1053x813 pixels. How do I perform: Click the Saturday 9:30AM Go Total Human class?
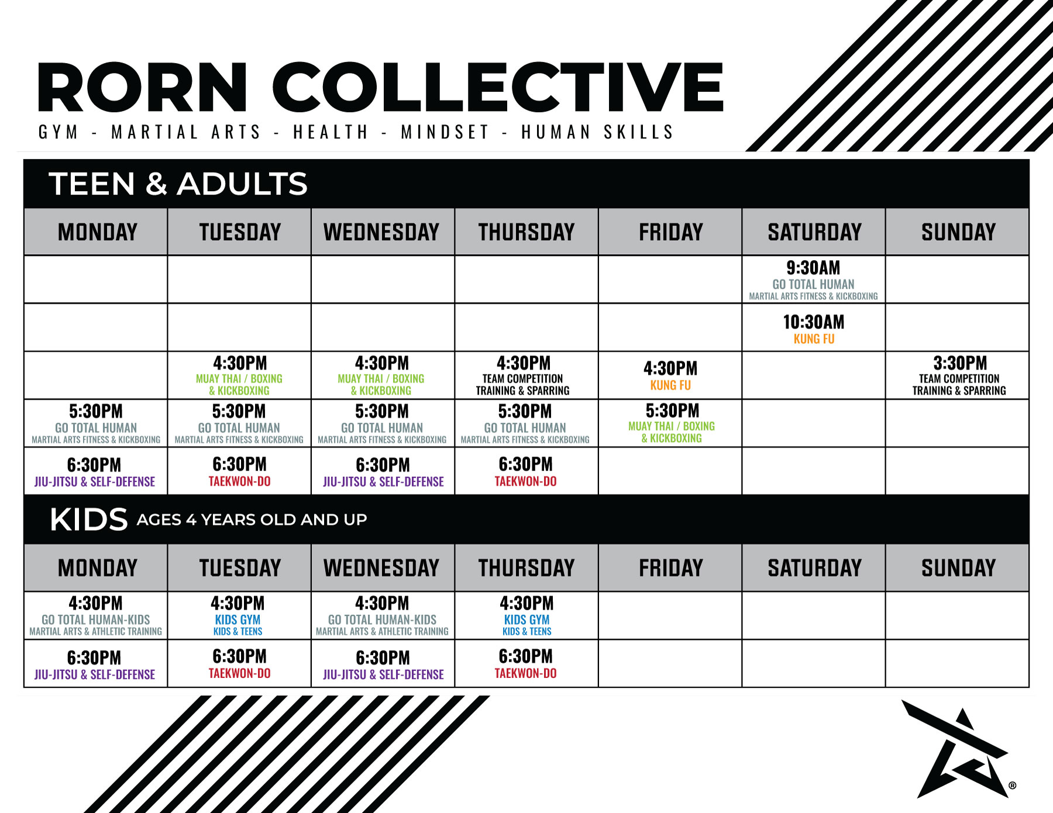[813, 279]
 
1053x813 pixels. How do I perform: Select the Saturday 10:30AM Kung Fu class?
[813, 327]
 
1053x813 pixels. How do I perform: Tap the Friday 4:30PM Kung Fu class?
[670, 375]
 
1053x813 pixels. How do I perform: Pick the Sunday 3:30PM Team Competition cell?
[958, 375]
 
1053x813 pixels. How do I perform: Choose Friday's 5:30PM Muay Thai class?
[670, 423]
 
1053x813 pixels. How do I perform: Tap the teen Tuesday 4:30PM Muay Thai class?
[239, 375]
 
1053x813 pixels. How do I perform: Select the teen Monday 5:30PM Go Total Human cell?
[96, 423]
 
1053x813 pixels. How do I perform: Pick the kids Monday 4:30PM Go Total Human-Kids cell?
[96, 615]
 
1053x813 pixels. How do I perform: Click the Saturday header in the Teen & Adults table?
[814, 232]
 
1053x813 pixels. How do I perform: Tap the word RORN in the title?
[142, 87]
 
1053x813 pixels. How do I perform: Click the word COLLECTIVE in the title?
[498, 87]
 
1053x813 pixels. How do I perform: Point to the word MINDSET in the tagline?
[445, 132]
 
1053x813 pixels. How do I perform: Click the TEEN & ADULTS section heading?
[178, 184]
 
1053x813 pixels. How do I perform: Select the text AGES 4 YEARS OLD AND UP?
[252, 520]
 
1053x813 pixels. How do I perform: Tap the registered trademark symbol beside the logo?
[1013, 786]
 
